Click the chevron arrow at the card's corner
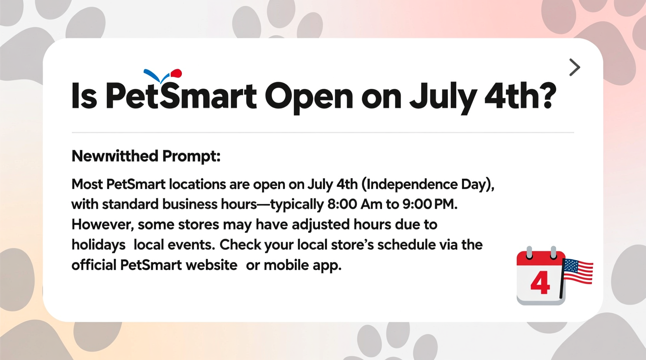coord(574,67)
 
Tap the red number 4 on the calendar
coord(540,283)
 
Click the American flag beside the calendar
coord(578,272)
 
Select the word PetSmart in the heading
coord(181,96)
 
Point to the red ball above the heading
coord(176,73)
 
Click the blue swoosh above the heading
coord(152,75)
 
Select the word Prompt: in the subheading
coord(191,156)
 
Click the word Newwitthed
coord(115,156)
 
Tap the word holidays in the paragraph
coord(98,245)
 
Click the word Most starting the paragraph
coord(87,184)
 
